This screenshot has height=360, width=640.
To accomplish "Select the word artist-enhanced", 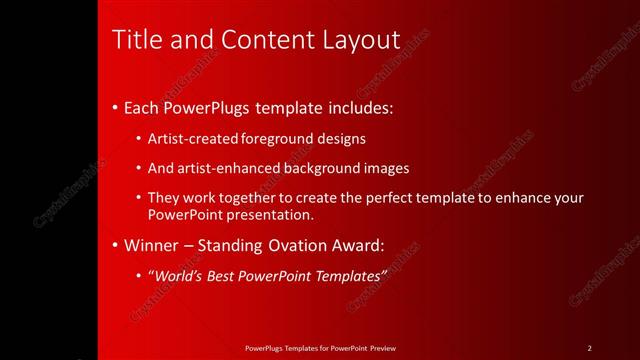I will click(224, 168).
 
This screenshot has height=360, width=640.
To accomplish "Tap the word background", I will click(319, 168).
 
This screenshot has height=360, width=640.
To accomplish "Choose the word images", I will click(385, 168).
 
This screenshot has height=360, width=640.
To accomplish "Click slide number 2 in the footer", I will click(589, 348).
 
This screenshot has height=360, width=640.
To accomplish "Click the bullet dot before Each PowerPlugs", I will click(116, 107).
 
